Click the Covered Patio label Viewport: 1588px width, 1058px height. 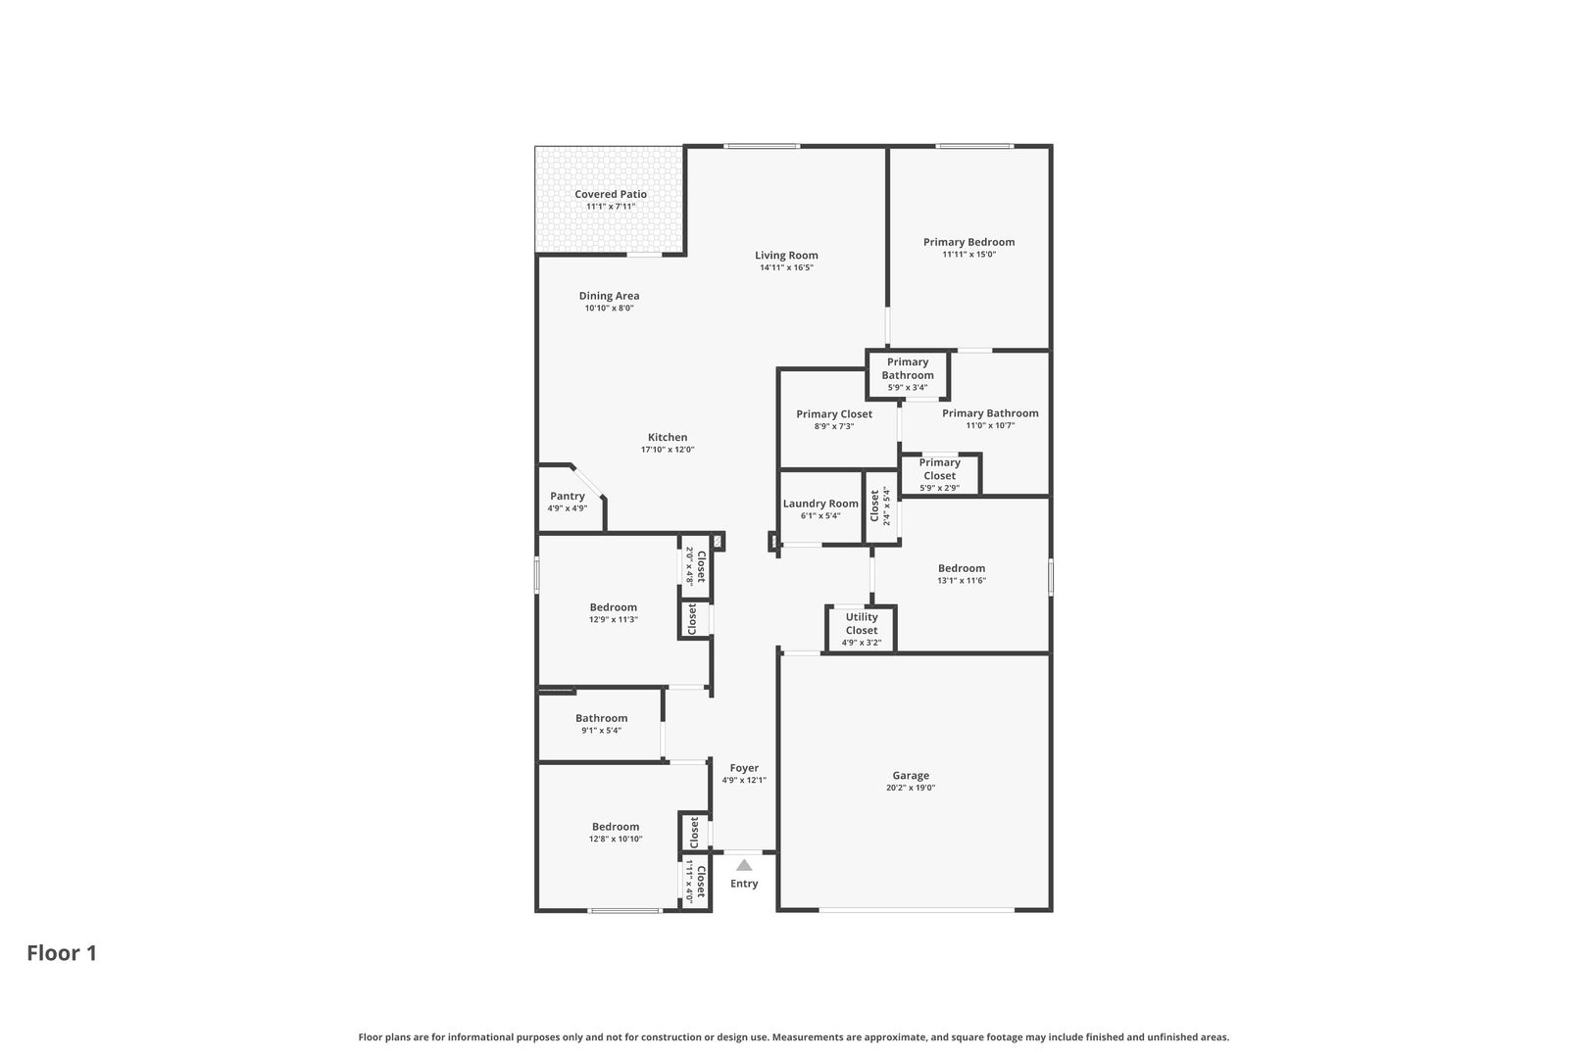point(611,194)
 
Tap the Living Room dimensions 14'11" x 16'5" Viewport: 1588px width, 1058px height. point(786,267)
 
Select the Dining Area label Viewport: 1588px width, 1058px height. point(609,296)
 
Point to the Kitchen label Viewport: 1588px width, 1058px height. point(668,437)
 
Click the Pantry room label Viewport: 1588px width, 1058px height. point(568,496)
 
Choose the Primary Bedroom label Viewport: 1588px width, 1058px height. point(968,242)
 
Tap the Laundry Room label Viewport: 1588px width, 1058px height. point(820,504)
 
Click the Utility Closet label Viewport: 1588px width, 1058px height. point(862,624)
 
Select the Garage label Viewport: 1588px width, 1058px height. point(911,776)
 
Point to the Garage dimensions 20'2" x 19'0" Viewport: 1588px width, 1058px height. point(911,788)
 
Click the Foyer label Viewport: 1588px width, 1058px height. point(744,768)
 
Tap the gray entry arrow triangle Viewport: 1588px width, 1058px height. point(744,865)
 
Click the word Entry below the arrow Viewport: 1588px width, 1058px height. point(744,884)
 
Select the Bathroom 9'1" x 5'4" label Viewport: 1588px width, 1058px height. point(601,719)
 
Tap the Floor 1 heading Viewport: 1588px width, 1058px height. point(62,953)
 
